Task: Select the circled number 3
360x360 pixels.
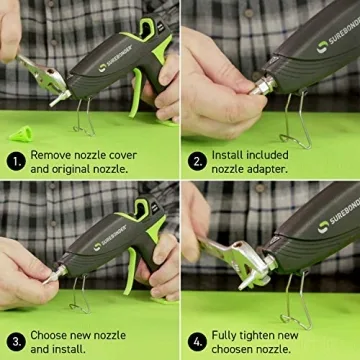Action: (15, 339)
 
